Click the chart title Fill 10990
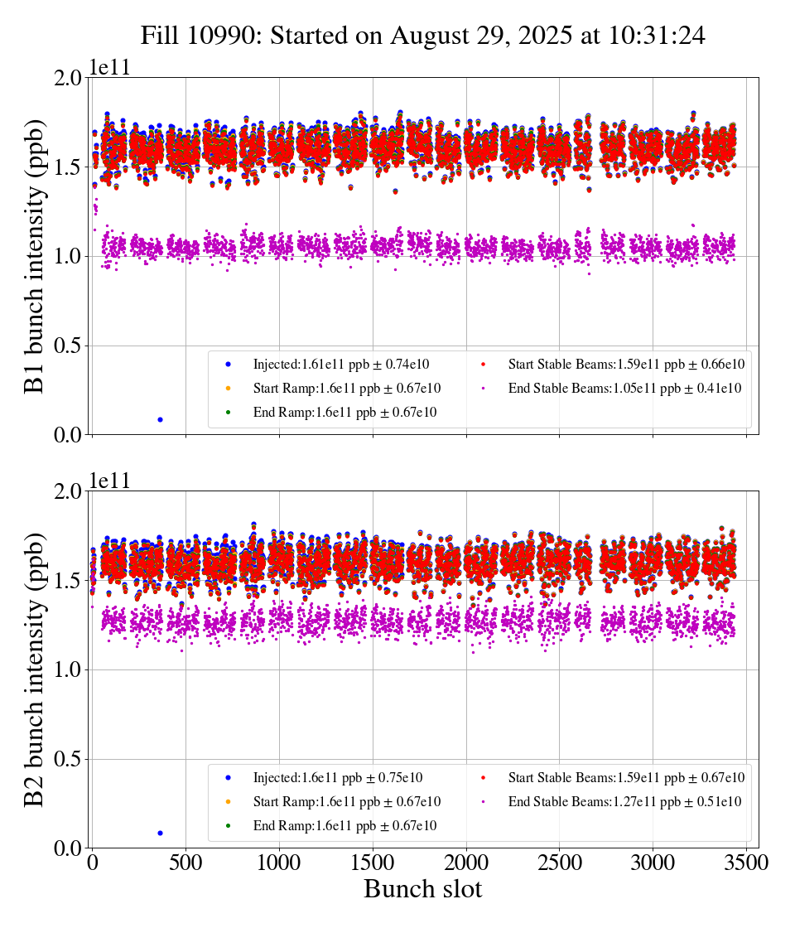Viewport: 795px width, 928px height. coord(422,36)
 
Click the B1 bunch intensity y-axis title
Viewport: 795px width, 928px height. coord(34,256)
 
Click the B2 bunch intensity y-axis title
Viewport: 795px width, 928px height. coord(34,669)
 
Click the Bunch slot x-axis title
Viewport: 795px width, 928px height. coord(422,889)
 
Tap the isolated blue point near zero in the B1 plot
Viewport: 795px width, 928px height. coord(160,419)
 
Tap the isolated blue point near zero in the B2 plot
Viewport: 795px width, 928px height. coord(160,833)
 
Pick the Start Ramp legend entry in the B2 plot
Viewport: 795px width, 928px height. coord(346,802)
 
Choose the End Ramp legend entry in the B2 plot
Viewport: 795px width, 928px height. coord(344,826)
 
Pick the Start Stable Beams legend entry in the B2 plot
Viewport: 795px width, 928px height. coord(626,777)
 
